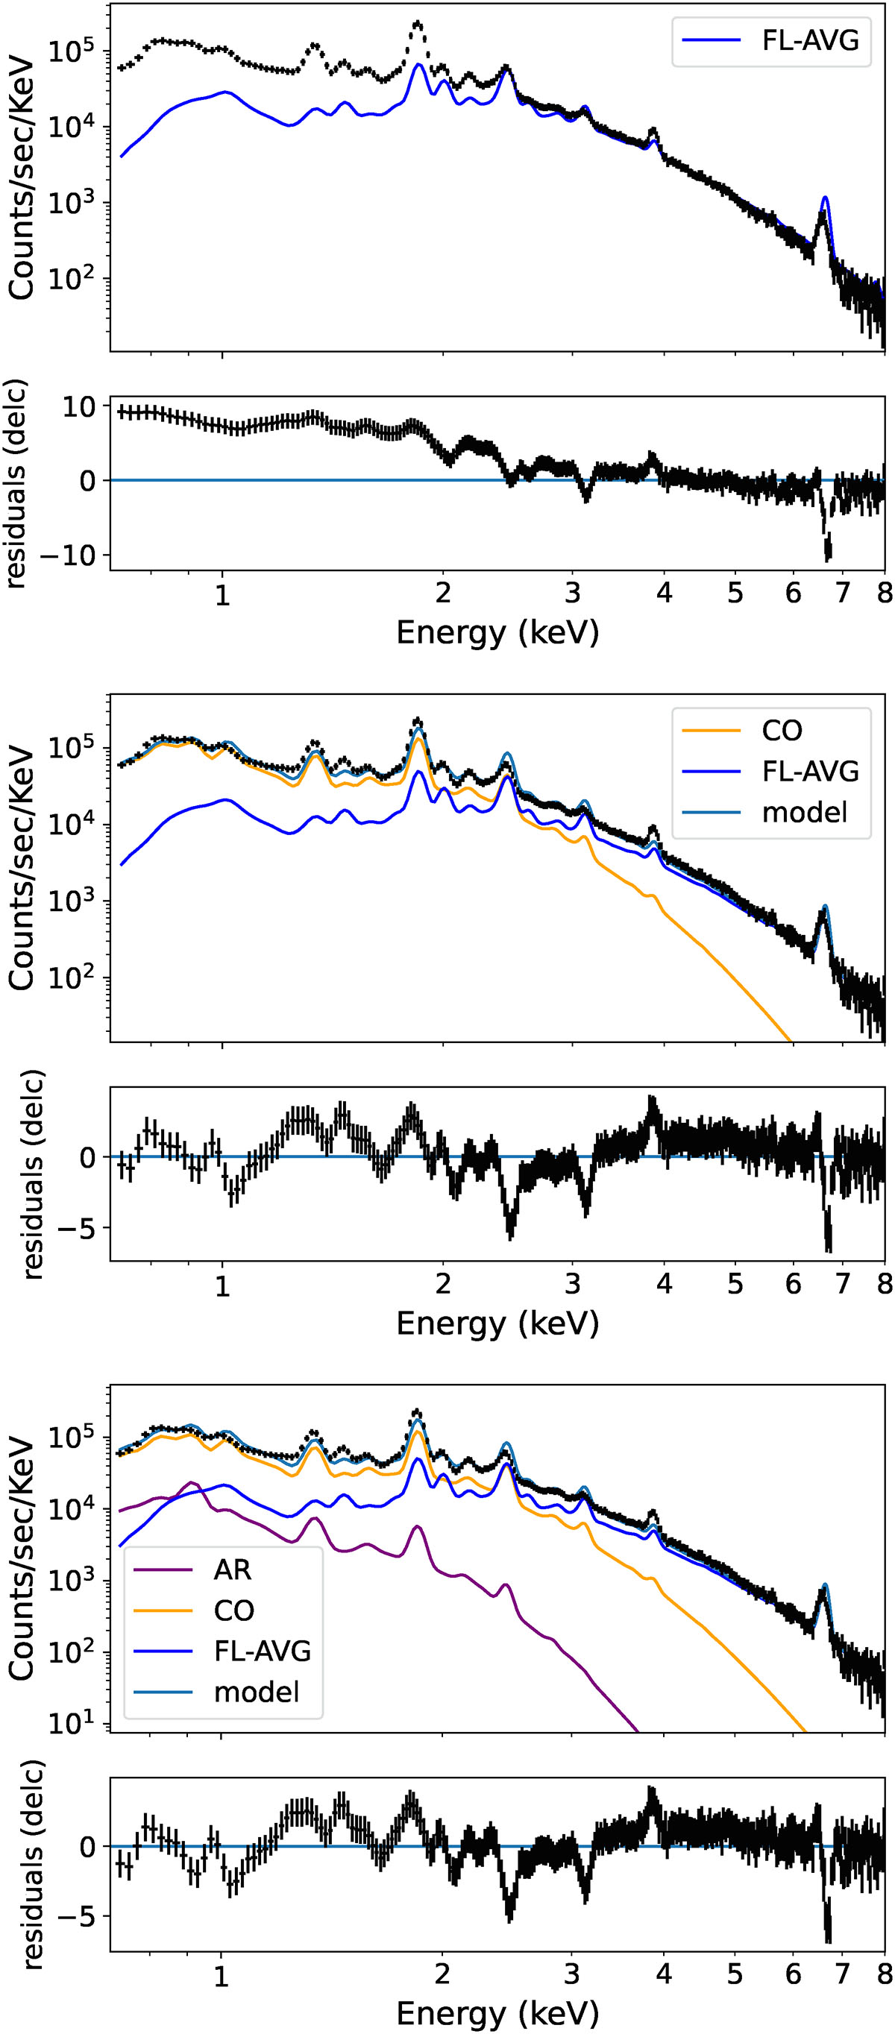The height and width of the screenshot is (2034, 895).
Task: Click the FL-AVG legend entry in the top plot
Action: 809,40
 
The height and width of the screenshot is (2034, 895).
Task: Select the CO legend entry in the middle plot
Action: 781,731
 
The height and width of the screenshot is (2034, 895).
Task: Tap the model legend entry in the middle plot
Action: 803,812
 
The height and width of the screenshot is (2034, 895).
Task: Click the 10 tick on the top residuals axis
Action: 79,406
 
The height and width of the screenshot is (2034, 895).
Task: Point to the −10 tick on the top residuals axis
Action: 68,555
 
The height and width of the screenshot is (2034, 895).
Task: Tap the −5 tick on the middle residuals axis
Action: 78,1229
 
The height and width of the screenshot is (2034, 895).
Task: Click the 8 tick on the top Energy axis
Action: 884,592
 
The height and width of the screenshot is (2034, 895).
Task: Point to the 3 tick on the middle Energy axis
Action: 572,1284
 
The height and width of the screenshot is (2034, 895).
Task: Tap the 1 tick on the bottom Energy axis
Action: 222,1975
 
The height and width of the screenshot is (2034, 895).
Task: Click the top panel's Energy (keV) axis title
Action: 497,632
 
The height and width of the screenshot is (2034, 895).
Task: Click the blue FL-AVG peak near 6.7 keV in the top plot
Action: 825,198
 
